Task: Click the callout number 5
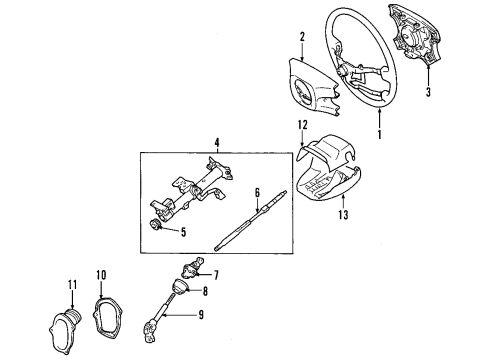pyautogui.click(x=182, y=233)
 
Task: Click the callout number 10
pyautogui.click(x=101, y=274)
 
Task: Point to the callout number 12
pyautogui.click(x=301, y=125)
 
